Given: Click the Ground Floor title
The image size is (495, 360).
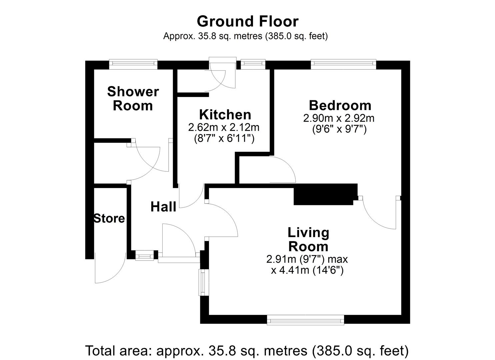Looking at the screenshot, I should [x=247, y=21].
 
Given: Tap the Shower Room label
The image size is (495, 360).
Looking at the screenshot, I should [x=133, y=98].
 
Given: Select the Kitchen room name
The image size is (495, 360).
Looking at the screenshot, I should [x=225, y=115].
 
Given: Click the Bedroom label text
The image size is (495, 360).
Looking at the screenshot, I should [x=340, y=105].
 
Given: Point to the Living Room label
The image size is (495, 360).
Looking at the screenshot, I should [x=308, y=239].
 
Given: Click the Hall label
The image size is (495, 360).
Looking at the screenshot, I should [x=163, y=207].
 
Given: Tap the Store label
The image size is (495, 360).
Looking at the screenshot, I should [x=109, y=219].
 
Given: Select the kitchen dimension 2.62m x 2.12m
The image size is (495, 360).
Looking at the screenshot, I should [x=224, y=127].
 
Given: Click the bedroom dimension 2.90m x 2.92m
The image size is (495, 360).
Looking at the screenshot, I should [x=339, y=118].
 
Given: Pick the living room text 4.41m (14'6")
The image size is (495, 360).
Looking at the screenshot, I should [x=307, y=270].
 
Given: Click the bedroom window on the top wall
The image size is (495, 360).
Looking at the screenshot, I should [x=343, y=64].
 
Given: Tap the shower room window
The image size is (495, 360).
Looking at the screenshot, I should [x=133, y=64].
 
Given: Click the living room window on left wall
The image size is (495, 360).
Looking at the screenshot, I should [x=203, y=282].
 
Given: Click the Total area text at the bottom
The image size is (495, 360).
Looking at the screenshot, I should [x=247, y=351].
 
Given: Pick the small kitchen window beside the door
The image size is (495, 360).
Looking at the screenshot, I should [x=253, y=64].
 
